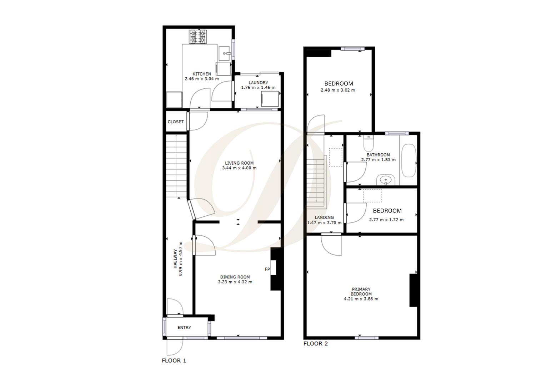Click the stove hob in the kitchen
pyautogui.click(x=198, y=37)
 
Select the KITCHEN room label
pyautogui.click(x=202, y=74)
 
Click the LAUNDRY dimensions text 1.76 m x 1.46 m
pyautogui.click(x=258, y=88)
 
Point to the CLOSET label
pyautogui.click(x=176, y=122)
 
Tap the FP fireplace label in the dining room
pyautogui.click(x=267, y=269)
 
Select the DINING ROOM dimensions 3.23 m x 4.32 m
pyautogui.click(x=235, y=282)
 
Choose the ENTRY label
pyautogui.click(x=184, y=328)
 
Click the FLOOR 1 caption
pyautogui.click(x=174, y=360)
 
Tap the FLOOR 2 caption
pyautogui.click(x=315, y=344)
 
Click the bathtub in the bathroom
pyautogui.click(x=408, y=160)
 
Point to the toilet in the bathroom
pyautogui.click(x=368, y=144)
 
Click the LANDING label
pyautogui.click(x=324, y=217)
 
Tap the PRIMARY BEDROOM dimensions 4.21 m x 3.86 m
pyautogui.click(x=361, y=299)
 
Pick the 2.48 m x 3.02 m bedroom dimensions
pyautogui.click(x=338, y=90)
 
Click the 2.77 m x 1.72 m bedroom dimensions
pyautogui.click(x=386, y=220)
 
